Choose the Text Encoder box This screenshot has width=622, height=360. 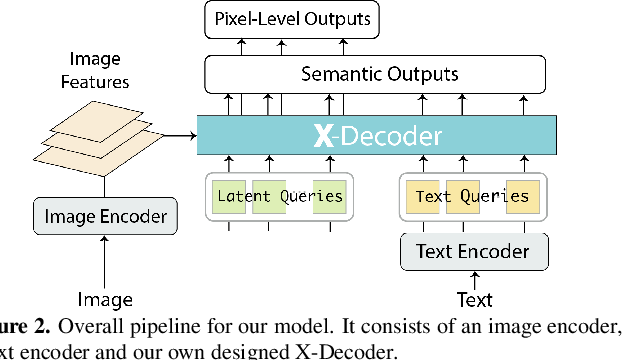(474, 250)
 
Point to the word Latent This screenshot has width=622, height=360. (243, 196)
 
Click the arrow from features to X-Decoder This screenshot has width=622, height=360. (177, 135)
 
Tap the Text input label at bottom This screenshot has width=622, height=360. (474, 298)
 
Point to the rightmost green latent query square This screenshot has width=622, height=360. (329, 197)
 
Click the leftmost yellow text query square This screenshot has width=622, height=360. (420, 197)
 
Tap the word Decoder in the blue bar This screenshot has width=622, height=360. (385, 135)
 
